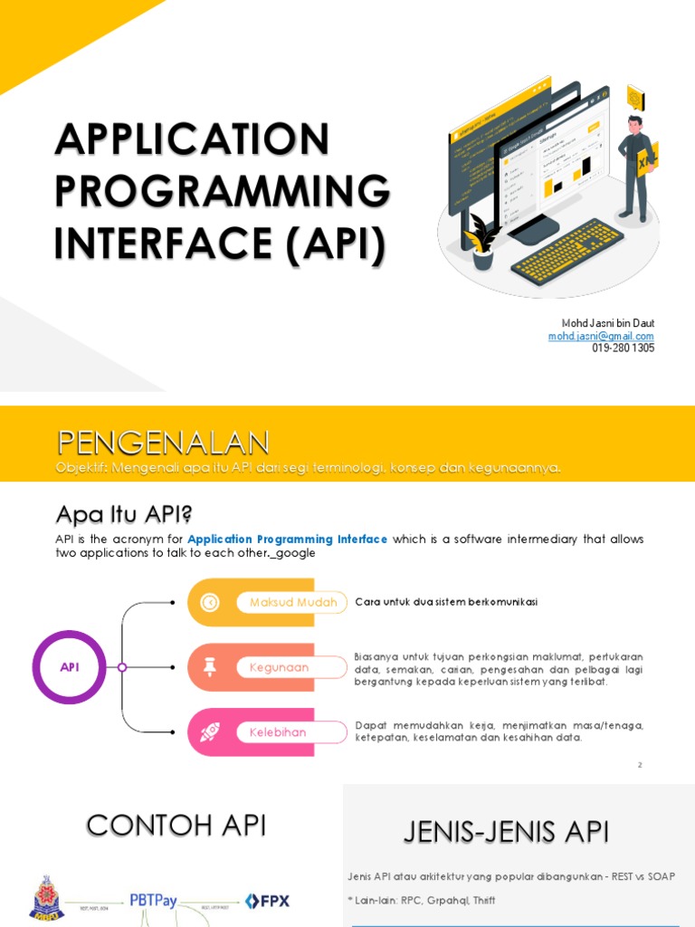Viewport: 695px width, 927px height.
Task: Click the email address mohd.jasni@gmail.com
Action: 601,336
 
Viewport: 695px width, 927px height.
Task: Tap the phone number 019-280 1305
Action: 624,348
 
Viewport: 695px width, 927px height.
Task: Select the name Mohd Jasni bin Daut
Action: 609,324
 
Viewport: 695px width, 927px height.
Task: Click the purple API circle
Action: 70,667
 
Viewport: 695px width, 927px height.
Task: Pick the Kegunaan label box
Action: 285,667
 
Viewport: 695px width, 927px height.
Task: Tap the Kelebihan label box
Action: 285,731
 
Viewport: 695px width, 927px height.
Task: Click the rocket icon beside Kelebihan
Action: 210,731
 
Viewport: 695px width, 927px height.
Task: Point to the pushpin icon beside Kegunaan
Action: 210,667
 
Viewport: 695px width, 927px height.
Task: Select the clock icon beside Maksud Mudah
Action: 210,602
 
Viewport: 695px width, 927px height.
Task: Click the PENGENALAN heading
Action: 163,443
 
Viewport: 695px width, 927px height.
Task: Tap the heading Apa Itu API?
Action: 125,515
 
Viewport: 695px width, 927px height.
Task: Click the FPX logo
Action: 267,901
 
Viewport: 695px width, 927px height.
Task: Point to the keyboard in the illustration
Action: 567,250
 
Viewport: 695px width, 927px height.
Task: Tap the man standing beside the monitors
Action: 635,168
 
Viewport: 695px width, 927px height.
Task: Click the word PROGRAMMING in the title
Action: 223,191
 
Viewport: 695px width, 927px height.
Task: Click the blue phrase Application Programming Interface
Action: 288,540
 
